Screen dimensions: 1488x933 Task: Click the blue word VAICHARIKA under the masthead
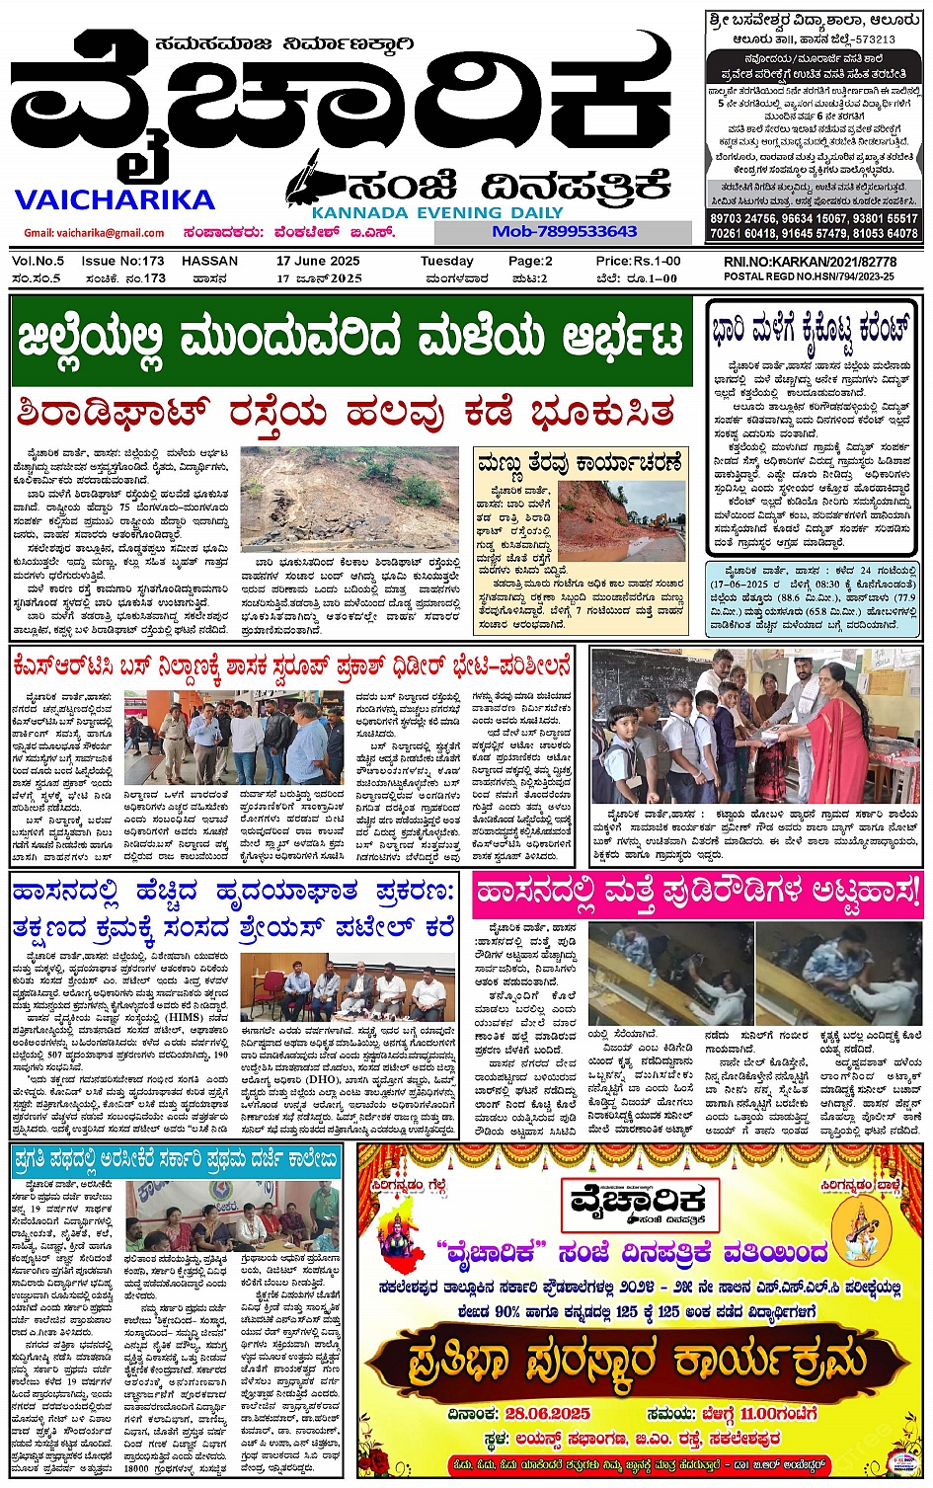point(115,200)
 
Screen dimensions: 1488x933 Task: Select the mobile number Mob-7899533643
point(564,231)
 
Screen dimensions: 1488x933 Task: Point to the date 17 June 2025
point(318,262)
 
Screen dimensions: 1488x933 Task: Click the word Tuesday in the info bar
point(446,262)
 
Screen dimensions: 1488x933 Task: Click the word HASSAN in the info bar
point(209,262)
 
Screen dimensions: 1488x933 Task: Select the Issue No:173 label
point(122,262)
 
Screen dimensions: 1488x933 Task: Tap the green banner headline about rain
point(350,339)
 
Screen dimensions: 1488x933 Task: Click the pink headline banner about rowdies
point(697,893)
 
